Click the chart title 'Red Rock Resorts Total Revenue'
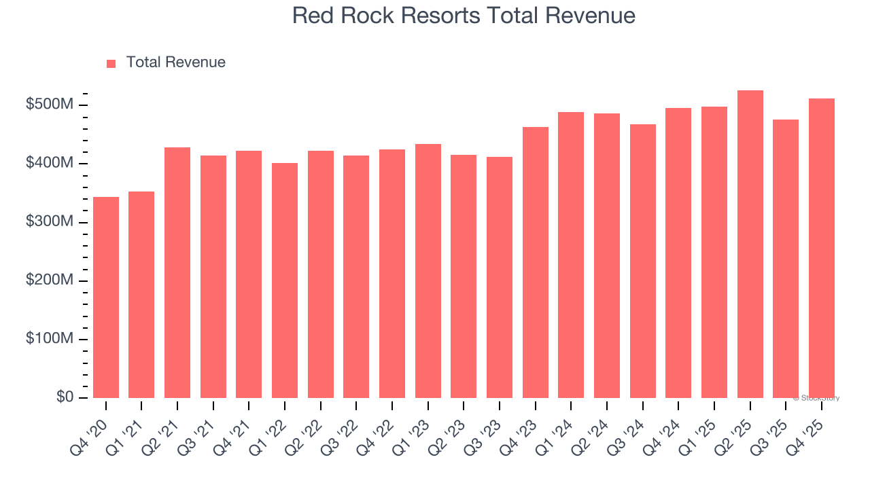(x=464, y=15)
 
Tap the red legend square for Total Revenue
(x=111, y=63)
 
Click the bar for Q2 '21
(x=177, y=272)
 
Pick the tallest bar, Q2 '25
(x=750, y=244)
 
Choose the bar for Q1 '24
(x=571, y=255)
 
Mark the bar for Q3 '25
(x=786, y=259)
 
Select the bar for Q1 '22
(x=285, y=280)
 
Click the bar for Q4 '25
(x=822, y=248)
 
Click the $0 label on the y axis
(x=65, y=397)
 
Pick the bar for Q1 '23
(x=428, y=271)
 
